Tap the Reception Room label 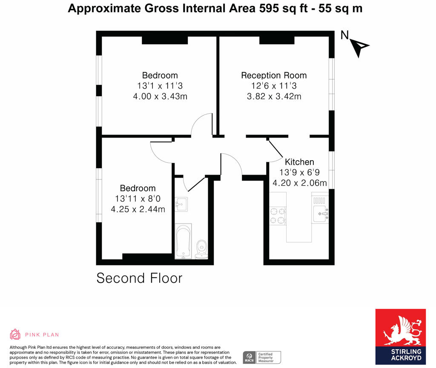pos(274,75)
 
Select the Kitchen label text pos(299,162)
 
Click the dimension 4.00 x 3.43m pos(160,96)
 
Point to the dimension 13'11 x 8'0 pos(138,198)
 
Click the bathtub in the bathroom pos(183,241)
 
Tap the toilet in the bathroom pos(201,248)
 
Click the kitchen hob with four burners pos(278,215)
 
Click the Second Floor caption pos(139,278)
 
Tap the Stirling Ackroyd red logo pos(400,336)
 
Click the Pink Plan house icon pos(15,334)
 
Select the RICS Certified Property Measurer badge pos(262,357)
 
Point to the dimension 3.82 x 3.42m pos(274,96)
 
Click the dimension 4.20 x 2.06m pos(299,183)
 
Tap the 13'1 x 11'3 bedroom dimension pos(160,86)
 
